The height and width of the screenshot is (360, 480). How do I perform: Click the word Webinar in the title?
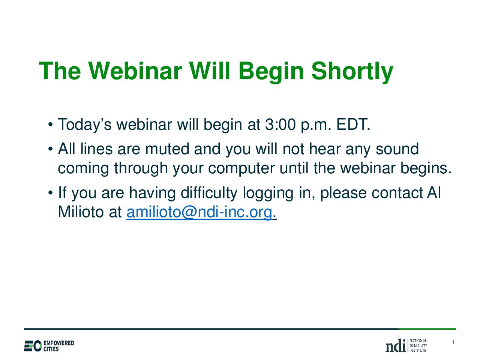135,71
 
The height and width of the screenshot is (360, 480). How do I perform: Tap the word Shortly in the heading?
352,72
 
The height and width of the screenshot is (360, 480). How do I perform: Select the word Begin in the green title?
271,72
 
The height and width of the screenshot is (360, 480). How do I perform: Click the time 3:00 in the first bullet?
280,124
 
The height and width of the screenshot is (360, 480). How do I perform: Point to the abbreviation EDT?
353,124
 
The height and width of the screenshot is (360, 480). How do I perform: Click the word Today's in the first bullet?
85,125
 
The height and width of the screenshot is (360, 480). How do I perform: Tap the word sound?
397,149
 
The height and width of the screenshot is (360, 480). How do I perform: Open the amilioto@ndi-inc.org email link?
199,213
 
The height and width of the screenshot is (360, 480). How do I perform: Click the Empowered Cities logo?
49,346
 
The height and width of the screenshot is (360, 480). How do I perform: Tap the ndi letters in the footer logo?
395,346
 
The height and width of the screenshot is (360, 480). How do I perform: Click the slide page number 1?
453,342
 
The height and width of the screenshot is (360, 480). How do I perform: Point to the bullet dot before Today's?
51,125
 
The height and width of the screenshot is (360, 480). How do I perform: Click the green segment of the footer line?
427,329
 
